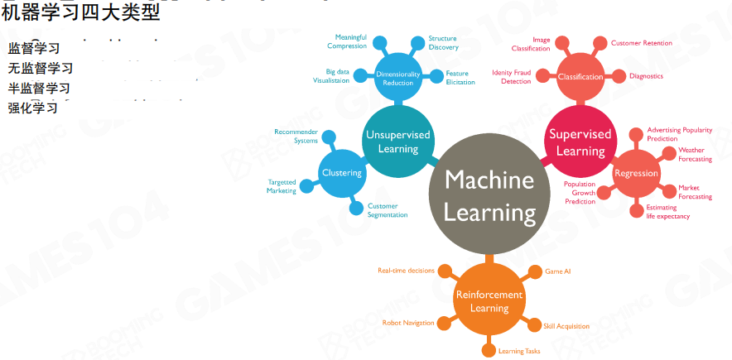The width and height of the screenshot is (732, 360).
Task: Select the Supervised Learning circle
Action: (580, 142)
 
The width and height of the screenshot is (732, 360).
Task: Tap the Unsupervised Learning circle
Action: (398, 142)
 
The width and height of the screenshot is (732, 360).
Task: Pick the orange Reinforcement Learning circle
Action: (489, 301)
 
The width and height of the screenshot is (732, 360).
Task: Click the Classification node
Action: (580, 77)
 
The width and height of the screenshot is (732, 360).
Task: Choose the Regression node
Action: (636, 174)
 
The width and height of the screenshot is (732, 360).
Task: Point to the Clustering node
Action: (342, 173)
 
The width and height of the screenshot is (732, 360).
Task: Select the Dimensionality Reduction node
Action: (398, 78)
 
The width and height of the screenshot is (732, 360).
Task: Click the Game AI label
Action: (558, 271)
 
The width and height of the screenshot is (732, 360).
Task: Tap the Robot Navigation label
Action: (407, 322)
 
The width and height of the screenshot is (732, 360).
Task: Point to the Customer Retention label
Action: (641, 43)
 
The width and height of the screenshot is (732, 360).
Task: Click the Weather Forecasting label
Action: (695, 155)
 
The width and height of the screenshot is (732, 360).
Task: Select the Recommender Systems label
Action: (296, 137)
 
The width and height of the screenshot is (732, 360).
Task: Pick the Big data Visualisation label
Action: (331, 76)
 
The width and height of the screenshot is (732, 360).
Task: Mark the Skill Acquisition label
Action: (566, 326)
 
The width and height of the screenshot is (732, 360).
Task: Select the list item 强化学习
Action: (33, 108)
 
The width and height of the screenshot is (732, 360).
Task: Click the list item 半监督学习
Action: (39, 88)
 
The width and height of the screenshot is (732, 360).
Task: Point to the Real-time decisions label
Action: (406, 271)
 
